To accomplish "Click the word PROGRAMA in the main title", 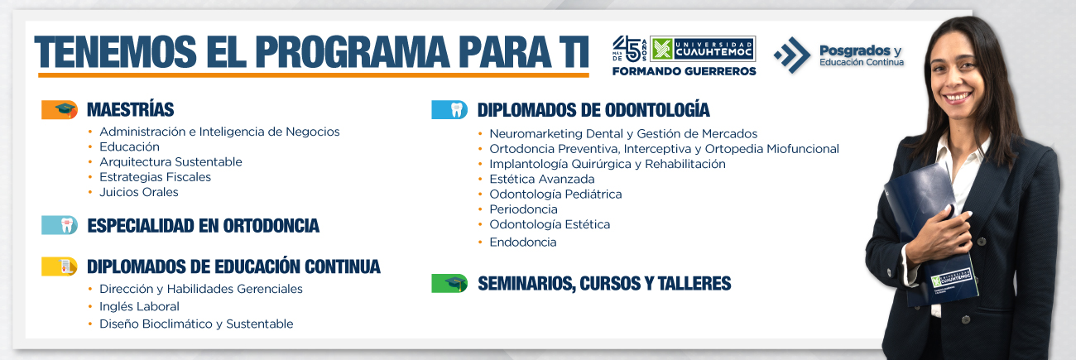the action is pos(353,51).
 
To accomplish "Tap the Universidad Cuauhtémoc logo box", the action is pos(703,49).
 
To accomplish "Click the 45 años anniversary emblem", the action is pos(630,49).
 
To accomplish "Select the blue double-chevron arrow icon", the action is pos(792,55).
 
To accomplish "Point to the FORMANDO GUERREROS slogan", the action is pos(684,71).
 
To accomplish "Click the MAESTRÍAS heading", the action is pos(130,109).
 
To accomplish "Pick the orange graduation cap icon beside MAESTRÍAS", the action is pos(60,109).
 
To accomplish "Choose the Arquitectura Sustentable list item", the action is pos(171,161).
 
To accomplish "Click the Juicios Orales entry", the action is pos(139,192).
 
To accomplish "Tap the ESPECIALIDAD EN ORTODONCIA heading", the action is pos(203,226).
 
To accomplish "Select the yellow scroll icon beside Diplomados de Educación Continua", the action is pos(60,266).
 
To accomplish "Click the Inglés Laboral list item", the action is pos(139,306).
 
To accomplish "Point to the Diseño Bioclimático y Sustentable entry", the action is pos(196,324).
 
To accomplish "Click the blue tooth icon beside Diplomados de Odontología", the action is pos(449,110).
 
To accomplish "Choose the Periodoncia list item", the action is pos(523,209).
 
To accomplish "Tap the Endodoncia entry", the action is pos(522,242).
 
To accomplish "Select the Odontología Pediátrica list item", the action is pos(555,194).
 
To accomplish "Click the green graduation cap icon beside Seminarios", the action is pos(449,283).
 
